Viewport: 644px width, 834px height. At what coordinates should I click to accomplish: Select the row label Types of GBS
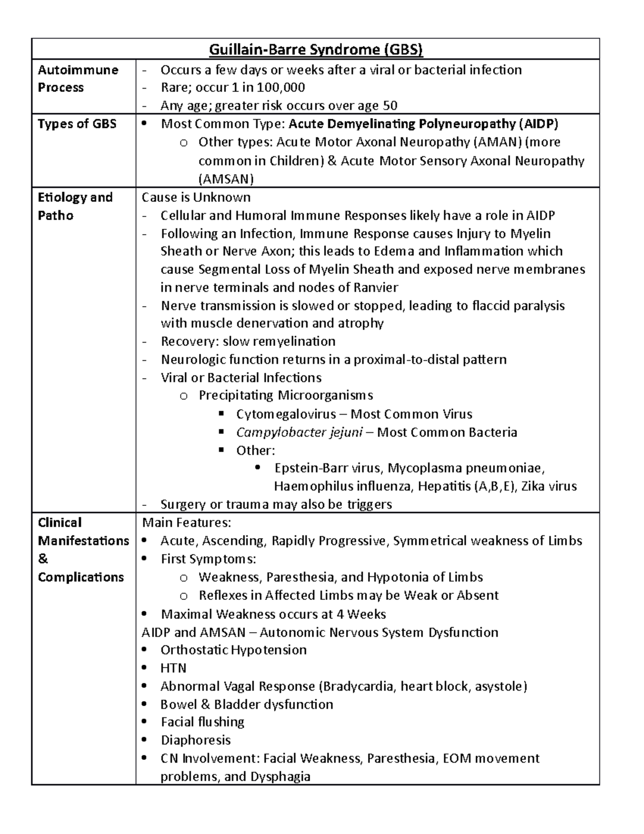(x=77, y=124)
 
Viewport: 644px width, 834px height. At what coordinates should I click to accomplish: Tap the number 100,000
(x=281, y=88)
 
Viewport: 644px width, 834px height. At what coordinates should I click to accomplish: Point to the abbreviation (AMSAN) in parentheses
(x=226, y=179)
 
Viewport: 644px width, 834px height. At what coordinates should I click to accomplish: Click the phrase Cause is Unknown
(x=196, y=197)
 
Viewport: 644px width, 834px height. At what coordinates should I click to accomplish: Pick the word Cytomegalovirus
(x=286, y=414)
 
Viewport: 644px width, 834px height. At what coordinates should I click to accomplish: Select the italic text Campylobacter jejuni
(x=299, y=432)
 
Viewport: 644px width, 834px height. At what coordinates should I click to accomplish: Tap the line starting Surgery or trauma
(x=276, y=504)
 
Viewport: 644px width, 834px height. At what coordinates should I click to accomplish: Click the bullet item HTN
(x=173, y=668)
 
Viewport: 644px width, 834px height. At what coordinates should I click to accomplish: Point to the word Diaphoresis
(x=195, y=740)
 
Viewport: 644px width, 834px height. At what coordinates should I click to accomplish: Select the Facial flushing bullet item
(x=202, y=722)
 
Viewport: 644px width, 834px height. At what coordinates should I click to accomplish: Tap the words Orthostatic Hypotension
(x=233, y=650)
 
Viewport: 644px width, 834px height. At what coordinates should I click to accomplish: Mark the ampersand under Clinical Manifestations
(x=43, y=559)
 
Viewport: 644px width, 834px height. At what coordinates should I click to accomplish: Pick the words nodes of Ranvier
(x=351, y=287)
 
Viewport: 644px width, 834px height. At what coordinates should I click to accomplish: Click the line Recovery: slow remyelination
(x=248, y=342)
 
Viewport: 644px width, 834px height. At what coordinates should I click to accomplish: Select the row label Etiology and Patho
(x=75, y=206)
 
